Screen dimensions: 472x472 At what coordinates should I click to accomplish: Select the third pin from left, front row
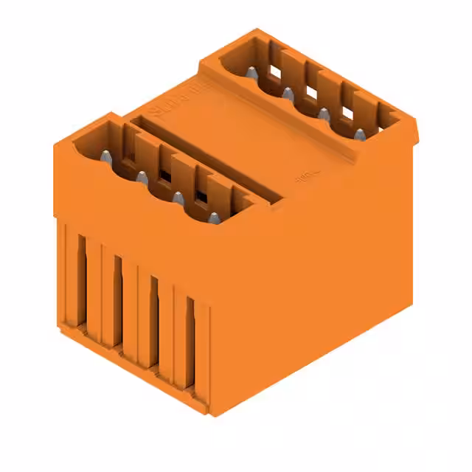point(178,198)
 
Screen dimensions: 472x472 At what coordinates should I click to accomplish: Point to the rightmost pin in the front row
point(213,218)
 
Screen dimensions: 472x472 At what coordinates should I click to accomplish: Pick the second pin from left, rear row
point(287,93)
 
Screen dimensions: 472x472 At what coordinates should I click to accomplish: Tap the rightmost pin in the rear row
point(360,134)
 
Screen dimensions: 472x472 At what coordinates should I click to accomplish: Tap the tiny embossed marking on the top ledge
point(303,178)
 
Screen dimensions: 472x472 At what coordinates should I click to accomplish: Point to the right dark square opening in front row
point(199,197)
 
